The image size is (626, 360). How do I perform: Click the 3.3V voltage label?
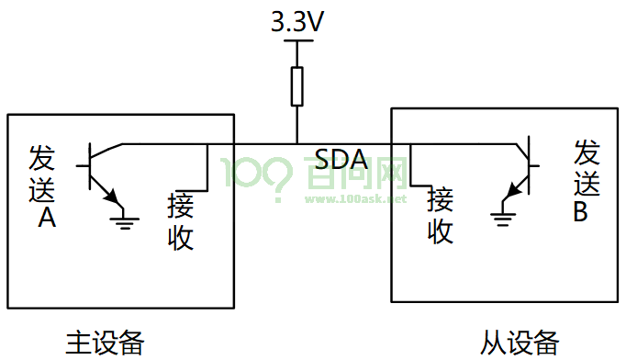click(x=297, y=21)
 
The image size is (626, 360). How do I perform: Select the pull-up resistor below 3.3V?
click(x=296, y=86)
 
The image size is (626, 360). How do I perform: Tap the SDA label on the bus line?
click(x=341, y=160)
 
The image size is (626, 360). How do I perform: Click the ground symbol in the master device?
click(x=125, y=223)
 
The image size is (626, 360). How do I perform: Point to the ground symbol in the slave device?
click(x=503, y=219)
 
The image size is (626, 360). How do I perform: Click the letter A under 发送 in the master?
click(x=47, y=218)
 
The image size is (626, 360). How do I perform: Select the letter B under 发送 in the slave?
click(x=580, y=211)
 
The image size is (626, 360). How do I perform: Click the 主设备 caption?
click(x=105, y=343)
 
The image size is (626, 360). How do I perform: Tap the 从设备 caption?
click(x=520, y=343)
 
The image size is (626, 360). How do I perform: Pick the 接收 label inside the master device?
click(x=181, y=221)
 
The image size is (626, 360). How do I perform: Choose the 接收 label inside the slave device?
click(x=441, y=216)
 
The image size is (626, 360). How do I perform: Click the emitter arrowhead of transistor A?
click(x=112, y=196)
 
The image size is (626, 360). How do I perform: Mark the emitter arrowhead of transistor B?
click(x=512, y=190)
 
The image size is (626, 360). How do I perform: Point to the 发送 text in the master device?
click(x=41, y=174)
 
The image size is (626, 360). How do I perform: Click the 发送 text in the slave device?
click(x=587, y=167)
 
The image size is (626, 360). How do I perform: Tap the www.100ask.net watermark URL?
click(x=356, y=198)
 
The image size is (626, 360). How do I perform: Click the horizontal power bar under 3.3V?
click(x=297, y=40)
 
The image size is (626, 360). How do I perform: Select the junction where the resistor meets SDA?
click(x=296, y=143)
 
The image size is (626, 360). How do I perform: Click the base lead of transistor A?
click(x=83, y=165)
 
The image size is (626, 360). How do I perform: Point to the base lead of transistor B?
click(x=534, y=165)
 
